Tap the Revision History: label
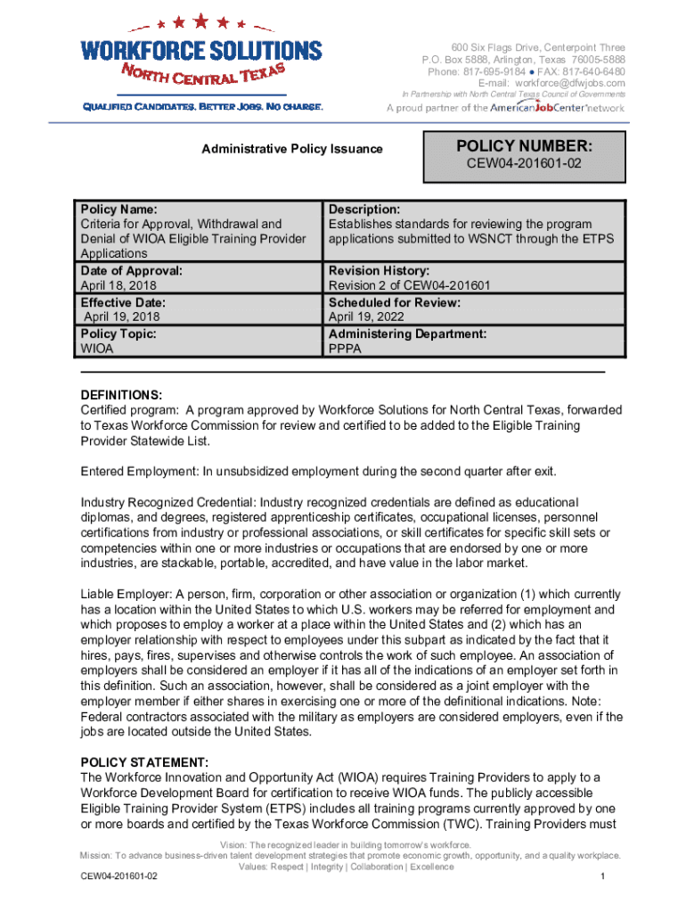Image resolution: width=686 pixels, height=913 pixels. coord(379,270)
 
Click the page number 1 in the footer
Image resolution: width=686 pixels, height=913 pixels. coord(603,877)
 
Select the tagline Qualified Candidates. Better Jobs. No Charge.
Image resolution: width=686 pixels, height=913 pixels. coord(202,107)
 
